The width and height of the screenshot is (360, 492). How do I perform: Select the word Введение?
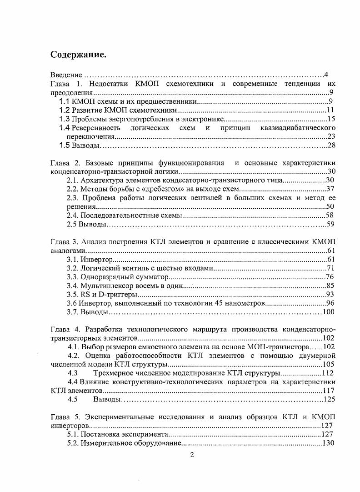point(66,75)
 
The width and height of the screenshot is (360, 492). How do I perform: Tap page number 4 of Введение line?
point(326,75)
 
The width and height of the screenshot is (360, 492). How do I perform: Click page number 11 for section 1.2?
point(330,110)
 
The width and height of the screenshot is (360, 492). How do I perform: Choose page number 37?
point(330,189)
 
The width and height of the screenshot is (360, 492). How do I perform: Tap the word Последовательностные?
point(115,216)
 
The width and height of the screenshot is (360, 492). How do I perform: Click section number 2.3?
point(73,198)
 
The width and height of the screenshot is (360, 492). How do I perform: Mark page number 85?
point(330,286)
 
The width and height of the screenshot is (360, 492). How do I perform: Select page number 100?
point(328,312)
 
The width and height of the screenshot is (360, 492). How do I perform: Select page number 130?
point(328,443)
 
